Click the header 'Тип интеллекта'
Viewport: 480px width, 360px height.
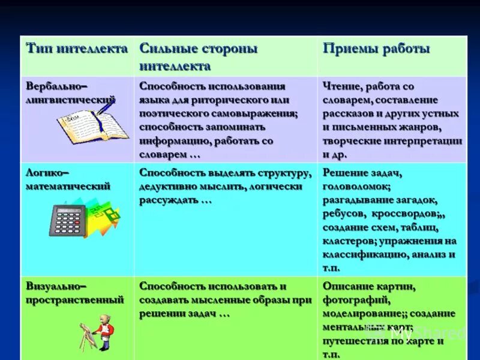click(x=76, y=49)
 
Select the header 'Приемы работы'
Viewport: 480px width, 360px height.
click(x=376, y=49)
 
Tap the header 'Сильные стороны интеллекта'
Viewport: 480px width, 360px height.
click(x=199, y=56)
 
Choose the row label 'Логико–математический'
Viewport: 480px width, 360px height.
click(x=68, y=179)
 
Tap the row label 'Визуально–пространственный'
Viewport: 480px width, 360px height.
click(x=74, y=293)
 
